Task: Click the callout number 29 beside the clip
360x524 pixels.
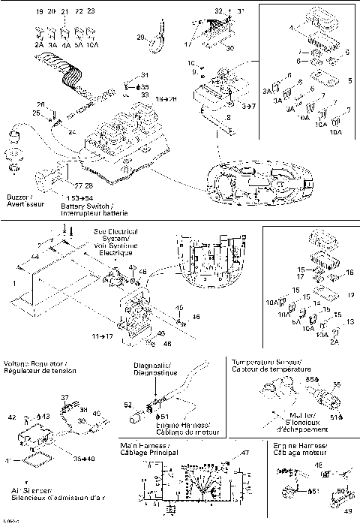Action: [140, 37]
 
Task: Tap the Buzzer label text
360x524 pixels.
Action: [19, 197]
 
